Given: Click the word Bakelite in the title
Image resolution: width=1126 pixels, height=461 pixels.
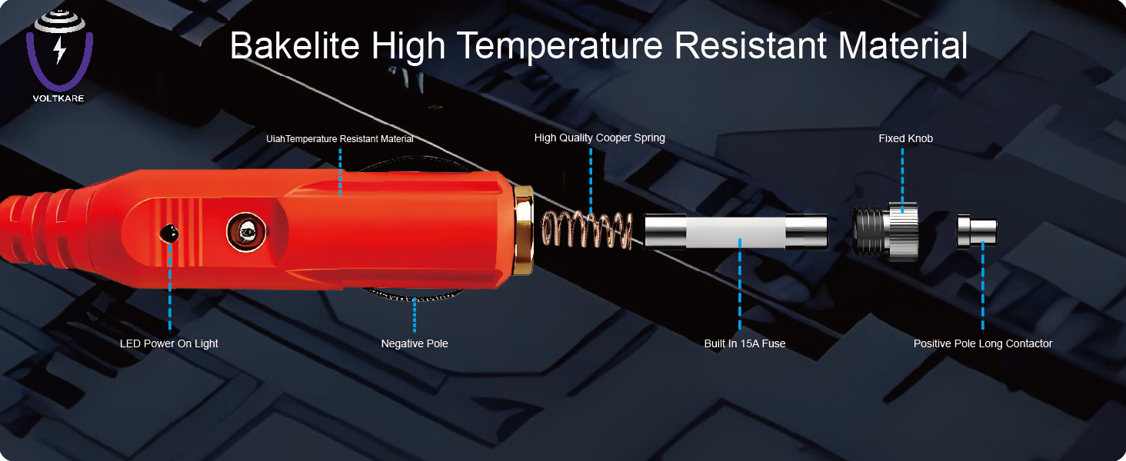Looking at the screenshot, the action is (295, 46).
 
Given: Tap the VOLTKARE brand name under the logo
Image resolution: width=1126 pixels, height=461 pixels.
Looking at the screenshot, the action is (58, 98).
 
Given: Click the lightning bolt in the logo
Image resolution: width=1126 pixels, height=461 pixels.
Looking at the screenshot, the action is (60, 50).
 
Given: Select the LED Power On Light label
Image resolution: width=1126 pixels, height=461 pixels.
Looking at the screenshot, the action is (169, 343).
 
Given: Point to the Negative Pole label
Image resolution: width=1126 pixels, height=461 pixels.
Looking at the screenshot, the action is (415, 343).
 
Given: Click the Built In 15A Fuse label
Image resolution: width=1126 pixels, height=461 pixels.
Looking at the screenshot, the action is (745, 343).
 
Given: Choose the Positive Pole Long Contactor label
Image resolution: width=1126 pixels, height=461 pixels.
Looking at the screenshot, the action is (983, 343).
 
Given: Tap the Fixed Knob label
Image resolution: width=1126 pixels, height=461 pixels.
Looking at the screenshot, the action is (905, 138).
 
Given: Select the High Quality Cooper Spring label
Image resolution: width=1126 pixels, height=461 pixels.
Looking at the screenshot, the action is (599, 138).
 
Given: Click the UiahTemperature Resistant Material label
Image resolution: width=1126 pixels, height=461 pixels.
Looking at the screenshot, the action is (340, 139).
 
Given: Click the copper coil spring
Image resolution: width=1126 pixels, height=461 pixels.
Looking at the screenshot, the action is (587, 230).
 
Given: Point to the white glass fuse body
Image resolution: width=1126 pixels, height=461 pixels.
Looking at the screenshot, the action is (735, 232).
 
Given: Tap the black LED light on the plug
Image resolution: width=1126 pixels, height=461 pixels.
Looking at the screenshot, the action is (169, 234).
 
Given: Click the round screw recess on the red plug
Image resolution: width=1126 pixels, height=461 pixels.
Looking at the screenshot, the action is (246, 232).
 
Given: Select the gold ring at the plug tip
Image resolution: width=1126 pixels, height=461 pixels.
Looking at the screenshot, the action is (523, 230).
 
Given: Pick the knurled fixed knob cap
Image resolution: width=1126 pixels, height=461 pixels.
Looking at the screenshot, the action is (902, 231).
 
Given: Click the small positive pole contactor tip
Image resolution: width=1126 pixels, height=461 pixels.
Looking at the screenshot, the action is (977, 231).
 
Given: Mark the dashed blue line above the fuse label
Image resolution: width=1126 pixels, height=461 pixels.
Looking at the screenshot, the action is (740, 284).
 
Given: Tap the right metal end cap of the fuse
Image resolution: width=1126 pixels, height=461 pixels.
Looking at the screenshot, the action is (806, 231).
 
